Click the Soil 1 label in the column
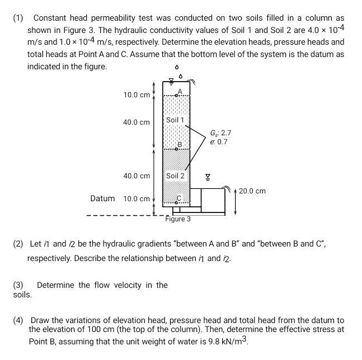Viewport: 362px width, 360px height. pyautogui.click(x=175, y=120)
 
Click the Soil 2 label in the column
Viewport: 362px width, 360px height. pyautogui.click(x=175, y=176)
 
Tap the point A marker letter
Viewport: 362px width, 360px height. pyautogui.click(x=180, y=91)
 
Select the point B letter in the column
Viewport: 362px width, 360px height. pyautogui.click(x=180, y=145)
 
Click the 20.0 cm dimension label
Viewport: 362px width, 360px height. pyautogui.click(x=252, y=191)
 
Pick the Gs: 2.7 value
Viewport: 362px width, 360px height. pyautogui.click(x=220, y=133)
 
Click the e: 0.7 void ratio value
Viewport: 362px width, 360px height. pyautogui.click(x=218, y=142)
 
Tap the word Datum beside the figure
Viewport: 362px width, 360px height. pyautogui.click(x=102, y=198)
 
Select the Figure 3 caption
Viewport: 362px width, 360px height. pyautogui.click(x=178, y=219)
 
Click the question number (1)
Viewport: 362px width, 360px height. pyautogui.click(x=18, y=18)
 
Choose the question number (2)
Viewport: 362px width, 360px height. pyautogui.click(x=18, y=244)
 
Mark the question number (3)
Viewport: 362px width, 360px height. pyautogui.click(x=18, y=285)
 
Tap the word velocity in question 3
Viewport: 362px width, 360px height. pyautogui.click(x=128, y=285)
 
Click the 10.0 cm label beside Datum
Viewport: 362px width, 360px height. pyautogui.click(x=137, y=199)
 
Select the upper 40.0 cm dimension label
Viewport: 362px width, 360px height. pyautogui.click(x=137, y=122)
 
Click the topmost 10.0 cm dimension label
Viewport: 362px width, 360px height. pyautogui.click(x=137, y=95)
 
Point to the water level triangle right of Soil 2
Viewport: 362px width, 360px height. pyautogui.click(x=208, y=177)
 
